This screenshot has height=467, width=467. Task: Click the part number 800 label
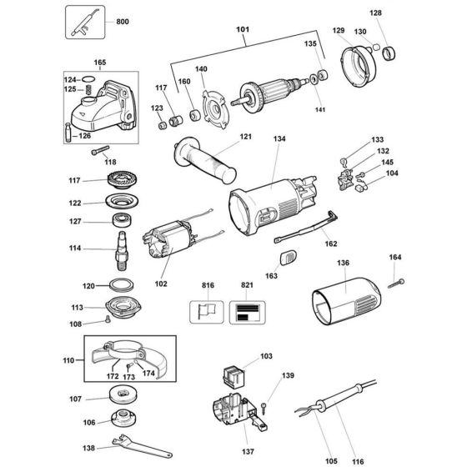tap(123, 22)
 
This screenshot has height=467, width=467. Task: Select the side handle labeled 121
tap(205, 160)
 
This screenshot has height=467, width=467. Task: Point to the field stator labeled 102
tap(170, 239)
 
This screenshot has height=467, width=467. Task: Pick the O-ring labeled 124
tap(88, 79)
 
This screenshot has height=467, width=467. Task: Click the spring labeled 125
tap(88, 89)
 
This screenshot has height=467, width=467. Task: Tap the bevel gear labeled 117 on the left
tap(122, 180)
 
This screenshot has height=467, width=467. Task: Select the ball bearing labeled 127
tap(123, 221)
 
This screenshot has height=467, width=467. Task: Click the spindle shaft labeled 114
tap(122, 251)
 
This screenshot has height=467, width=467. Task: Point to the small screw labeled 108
tap(108, 320)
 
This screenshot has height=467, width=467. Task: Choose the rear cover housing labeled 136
tap(346, 301)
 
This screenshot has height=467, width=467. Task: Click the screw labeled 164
tap(396, 284)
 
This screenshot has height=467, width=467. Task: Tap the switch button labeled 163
tap(289, 257)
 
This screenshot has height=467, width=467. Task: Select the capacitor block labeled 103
tap(233, 376)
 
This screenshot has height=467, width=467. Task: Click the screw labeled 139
tap(264, 408)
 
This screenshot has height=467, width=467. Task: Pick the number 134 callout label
tap(279, 138)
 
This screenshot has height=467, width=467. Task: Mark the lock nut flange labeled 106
tap(124, 419)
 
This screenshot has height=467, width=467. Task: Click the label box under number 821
tap(247, 313)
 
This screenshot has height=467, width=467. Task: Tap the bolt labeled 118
tap(100, 150)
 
